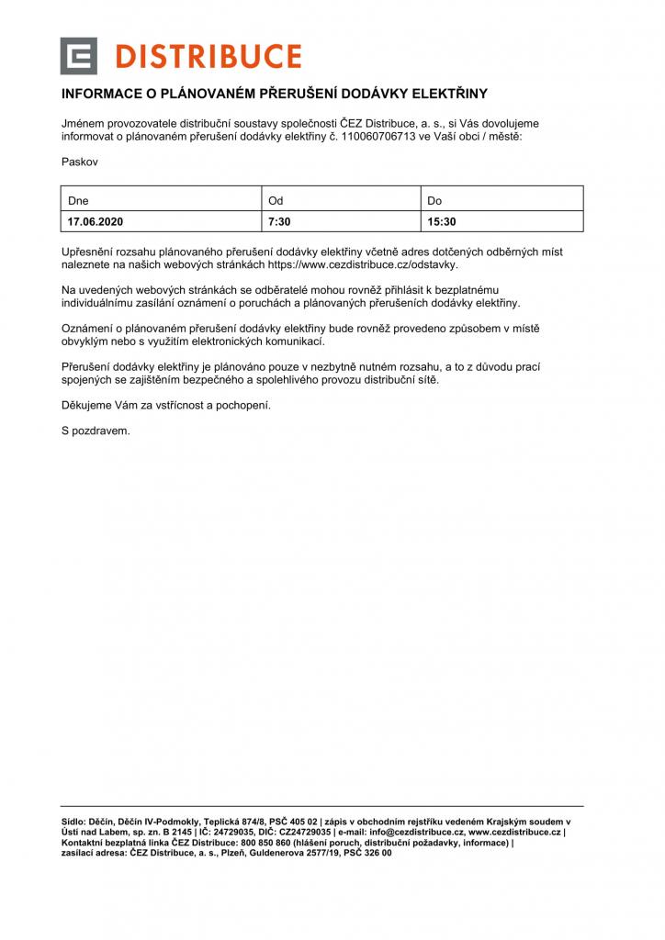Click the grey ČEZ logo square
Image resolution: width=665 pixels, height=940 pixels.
tap(78, 56)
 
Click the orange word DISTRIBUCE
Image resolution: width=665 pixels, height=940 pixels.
tap(209, 57)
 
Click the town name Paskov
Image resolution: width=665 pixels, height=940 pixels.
tap(80, 162)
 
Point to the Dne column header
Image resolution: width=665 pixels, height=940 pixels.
tap(78, 199)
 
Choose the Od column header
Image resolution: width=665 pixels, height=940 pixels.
tap(276, 199)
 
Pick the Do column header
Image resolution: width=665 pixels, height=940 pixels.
tap(435, 199)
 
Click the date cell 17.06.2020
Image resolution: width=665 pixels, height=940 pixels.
tap(96, 221)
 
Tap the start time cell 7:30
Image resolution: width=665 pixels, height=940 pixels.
tap(279, 221)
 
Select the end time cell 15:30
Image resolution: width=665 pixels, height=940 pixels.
tap(442, 221)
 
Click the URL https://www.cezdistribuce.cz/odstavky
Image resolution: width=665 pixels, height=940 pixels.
tap(362, 264)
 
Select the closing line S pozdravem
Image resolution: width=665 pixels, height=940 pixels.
tap(96, 431)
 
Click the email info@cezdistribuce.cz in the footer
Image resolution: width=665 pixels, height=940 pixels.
tap(423, 832)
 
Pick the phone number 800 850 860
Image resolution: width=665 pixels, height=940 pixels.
tap(265, 843)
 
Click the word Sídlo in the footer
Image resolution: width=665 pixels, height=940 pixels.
tap(73, 821)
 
